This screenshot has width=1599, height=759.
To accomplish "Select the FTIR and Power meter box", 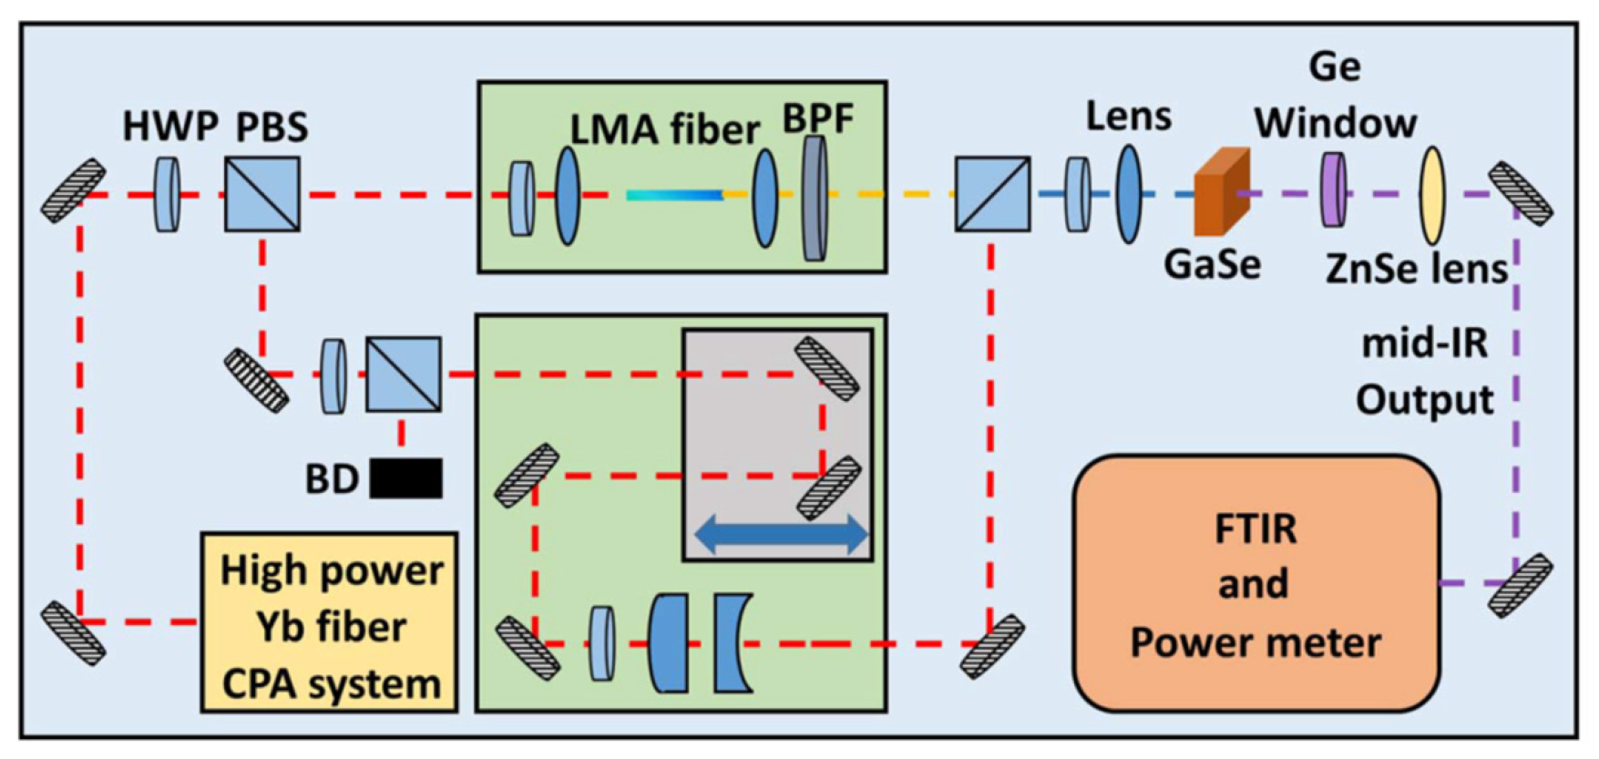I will point(1256,584).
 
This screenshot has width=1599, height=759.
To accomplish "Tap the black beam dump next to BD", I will point(406,477).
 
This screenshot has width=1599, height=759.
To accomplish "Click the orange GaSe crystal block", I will point(1220,194).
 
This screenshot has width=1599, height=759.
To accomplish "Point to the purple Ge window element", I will point(1333,190).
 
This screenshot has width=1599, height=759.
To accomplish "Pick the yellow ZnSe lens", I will point(1433,194).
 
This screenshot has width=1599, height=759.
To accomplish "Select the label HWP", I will point(170,127).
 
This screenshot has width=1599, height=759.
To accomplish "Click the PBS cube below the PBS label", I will point(262,194).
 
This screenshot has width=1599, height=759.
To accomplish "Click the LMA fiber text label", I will point(664,129).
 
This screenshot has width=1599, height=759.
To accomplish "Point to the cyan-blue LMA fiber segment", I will point(674,194).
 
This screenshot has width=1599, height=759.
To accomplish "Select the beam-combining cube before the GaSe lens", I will point(992,194).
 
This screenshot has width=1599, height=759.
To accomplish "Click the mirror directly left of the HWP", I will point(73,190).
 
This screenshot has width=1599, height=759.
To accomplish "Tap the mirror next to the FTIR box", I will point(1520,584).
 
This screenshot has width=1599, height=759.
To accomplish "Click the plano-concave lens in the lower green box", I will point(732,642).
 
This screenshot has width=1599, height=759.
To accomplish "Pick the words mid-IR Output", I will point(1425,372).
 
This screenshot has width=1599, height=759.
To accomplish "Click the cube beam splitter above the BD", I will point(404,374).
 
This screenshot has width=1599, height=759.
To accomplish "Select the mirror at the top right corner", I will point(1520,193).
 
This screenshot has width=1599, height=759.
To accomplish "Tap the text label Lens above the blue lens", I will point(1128,117).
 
